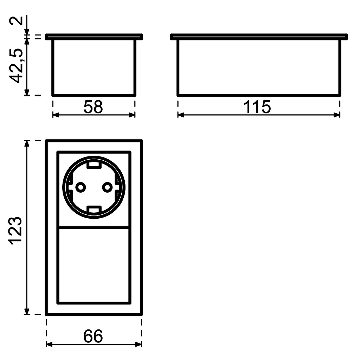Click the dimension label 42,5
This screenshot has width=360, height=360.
pos(16,66)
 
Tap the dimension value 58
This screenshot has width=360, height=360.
pos(93,107)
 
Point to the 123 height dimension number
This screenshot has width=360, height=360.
pos(16,231)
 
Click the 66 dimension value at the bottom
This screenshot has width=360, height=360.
pos(93,336)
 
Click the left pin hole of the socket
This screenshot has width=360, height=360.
pos(81,187)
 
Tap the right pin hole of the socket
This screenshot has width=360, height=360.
pos(107,187)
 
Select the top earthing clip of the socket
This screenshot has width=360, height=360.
pos(94,164)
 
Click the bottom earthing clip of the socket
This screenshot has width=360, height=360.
pos(94,211)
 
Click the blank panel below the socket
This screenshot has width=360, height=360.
pos(94,265)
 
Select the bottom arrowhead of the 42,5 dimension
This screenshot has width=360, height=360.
pos(27,92)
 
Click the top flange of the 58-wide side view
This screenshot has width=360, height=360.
pos(94,37)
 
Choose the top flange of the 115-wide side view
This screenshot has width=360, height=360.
pos(259,37)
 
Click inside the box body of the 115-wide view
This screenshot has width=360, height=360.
pos(259,67)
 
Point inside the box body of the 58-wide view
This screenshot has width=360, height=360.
pos(94,67)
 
